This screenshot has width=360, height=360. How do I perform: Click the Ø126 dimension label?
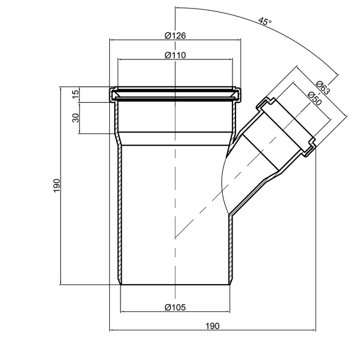(175, 35)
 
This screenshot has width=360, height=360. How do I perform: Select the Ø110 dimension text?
(175, 54)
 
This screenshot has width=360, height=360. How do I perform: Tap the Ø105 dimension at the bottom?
(175, 307)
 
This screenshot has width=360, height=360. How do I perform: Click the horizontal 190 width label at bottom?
(212, 326)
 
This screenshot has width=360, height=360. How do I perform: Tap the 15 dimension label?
(75, 95)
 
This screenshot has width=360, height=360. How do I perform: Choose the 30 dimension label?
(75, 118)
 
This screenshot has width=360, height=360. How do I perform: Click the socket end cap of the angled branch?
(286, 125)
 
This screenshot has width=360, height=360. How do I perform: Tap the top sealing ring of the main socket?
(175, 90)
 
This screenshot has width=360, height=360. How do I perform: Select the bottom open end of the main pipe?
(175, 284)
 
